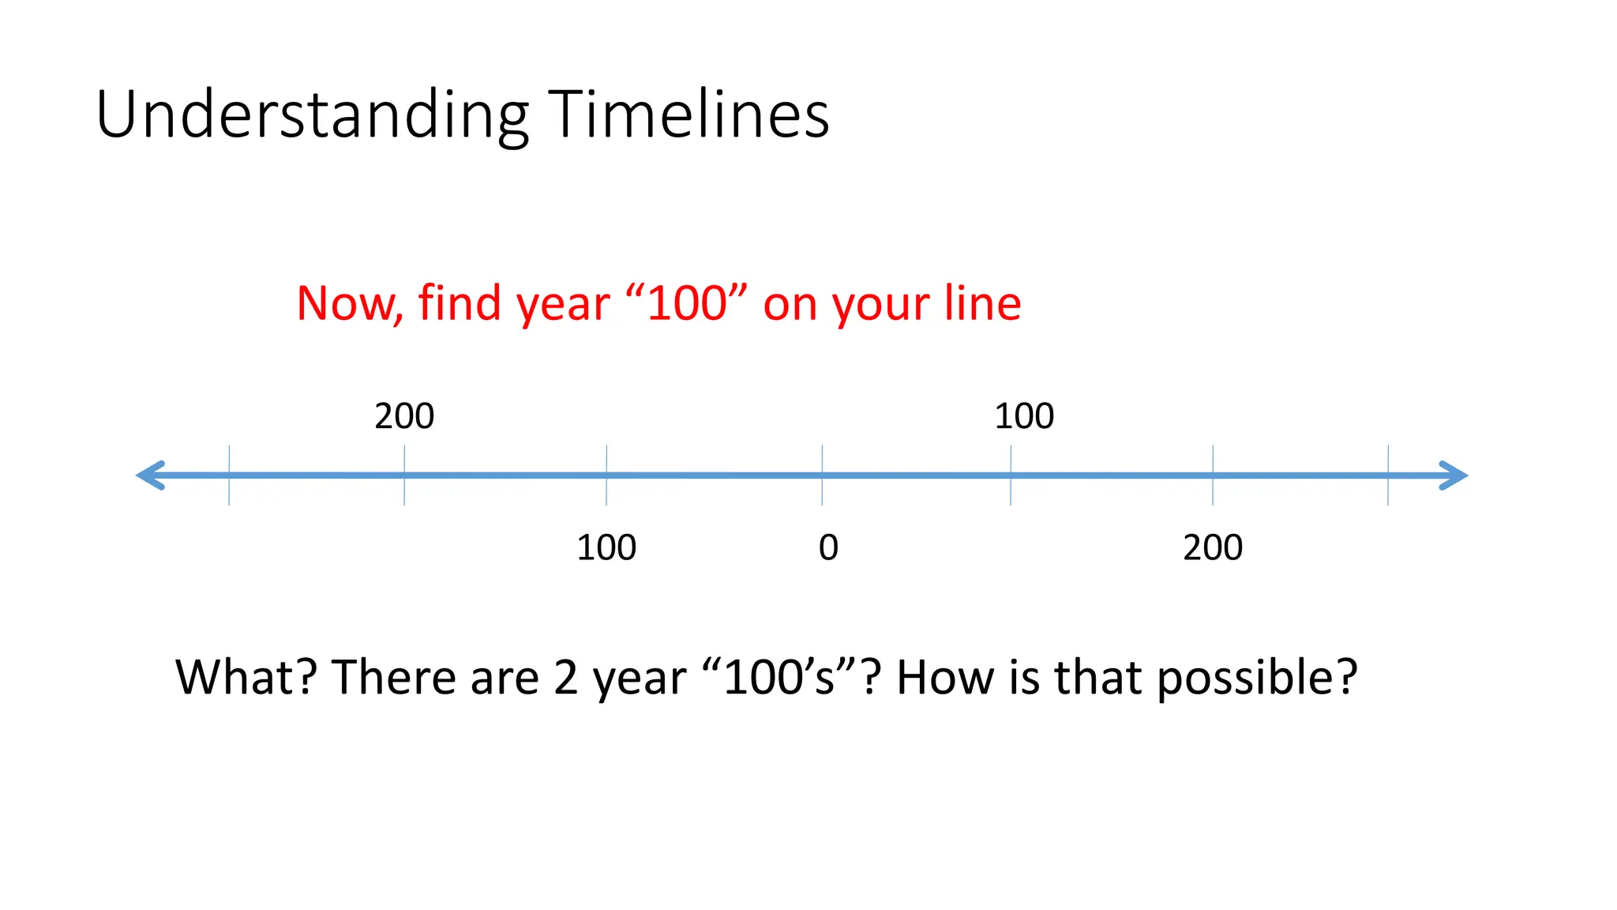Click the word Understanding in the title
[312, 115]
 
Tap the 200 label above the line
[404, 416]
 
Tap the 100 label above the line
[1024, 416]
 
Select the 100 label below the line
[606, 547]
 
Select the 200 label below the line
[1213, 547]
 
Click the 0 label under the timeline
[828, 547]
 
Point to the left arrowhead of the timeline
[150, 476]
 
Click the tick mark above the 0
[822, 476]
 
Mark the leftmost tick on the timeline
[229, 476]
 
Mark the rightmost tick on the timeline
[1388, 476]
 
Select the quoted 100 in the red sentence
[686, 303]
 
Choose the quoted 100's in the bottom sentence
[779, 678]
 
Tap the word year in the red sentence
[562, 303]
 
